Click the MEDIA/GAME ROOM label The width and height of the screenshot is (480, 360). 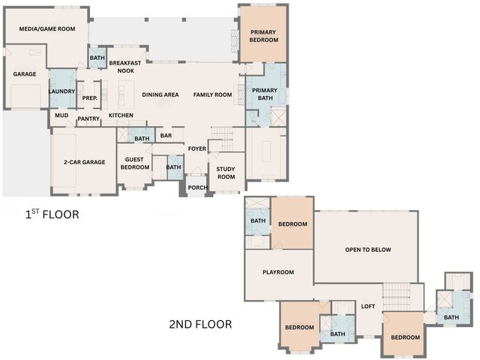point(47,29)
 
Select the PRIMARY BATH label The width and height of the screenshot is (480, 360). point(265,94)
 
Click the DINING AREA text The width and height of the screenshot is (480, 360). point(160,94)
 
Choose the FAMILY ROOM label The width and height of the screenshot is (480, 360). point(212,94)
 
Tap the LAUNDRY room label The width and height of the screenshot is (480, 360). point(61,91)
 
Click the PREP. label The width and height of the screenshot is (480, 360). point(90,98)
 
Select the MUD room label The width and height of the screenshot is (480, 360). point(61,115)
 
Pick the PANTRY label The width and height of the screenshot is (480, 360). point(88,118)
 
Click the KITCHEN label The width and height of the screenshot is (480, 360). point(121,115)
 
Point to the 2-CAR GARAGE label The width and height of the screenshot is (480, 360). point(84,162)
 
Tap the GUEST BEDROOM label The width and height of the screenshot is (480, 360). point(135,163)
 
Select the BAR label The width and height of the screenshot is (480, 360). point(166,136)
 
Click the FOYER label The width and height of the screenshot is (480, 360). point(197,148)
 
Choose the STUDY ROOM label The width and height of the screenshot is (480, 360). point(226,172)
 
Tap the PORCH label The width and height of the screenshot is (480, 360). point(196,187)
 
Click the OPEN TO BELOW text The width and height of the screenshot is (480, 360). point(368,250)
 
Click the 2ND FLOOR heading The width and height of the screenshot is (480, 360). point(199,325)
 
